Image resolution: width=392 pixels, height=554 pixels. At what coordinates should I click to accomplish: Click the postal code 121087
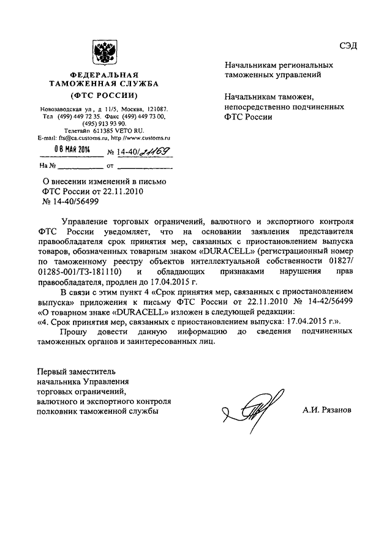158,108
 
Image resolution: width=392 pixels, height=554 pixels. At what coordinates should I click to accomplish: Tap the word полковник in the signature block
60,411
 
